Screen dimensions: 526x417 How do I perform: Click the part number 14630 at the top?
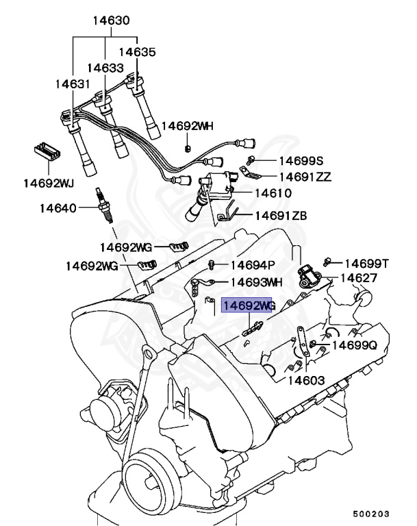pos(110,21)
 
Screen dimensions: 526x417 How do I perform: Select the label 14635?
pos(137,51)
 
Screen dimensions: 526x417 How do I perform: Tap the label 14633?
pos(105,68)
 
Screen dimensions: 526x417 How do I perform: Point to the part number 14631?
pos(72,84)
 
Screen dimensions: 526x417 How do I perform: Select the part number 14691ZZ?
pos(305,177)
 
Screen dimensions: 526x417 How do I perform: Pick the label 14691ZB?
pos(281,216)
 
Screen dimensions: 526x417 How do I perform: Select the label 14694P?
pos(252,265)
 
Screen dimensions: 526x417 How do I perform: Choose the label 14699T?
pos(366,263)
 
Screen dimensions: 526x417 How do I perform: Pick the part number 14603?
pos(307,380)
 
